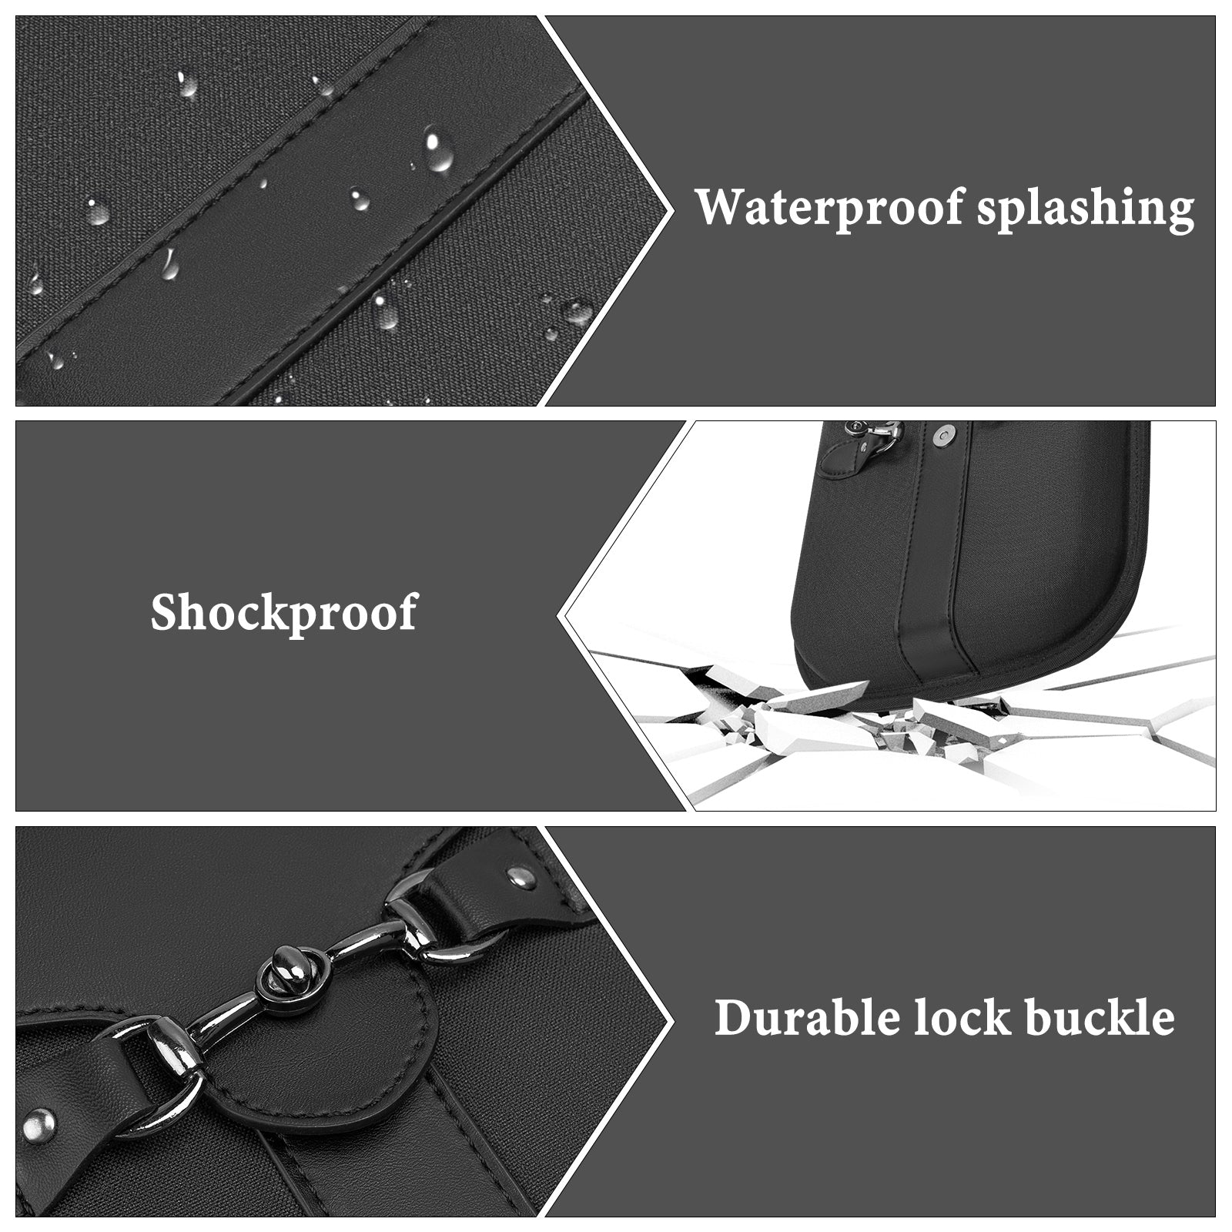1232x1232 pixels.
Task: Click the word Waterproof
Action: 830,208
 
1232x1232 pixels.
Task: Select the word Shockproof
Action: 284,613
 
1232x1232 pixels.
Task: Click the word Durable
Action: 808,1018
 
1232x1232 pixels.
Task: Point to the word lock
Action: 962,1018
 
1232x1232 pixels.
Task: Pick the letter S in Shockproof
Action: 166,613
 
